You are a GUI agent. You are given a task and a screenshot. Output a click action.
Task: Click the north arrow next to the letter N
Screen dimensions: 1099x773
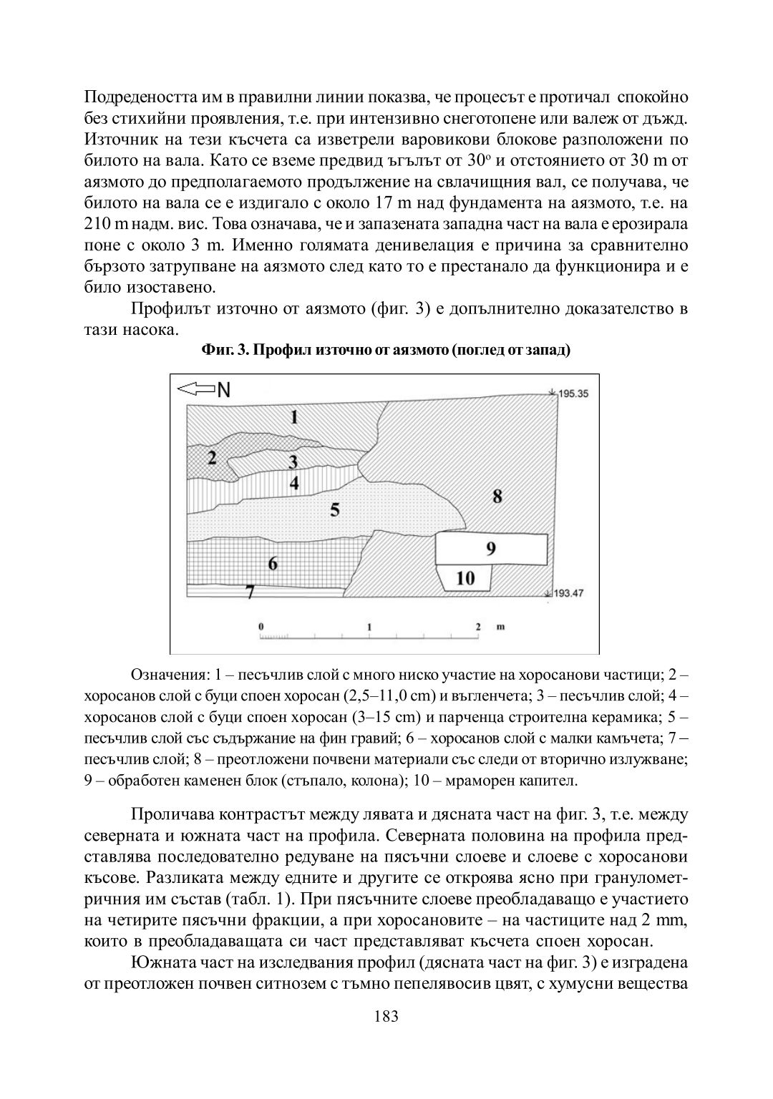195,389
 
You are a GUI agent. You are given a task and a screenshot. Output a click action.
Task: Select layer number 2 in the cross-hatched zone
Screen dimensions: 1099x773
212,458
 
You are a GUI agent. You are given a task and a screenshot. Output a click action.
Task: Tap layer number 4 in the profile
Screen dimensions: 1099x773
293,483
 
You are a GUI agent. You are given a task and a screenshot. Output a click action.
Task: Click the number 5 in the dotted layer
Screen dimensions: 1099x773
334,509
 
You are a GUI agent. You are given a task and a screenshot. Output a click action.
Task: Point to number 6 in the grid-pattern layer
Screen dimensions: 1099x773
273,563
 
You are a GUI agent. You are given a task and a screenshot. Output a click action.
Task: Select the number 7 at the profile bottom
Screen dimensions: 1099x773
250,592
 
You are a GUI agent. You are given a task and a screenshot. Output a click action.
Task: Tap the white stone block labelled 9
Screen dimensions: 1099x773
491,549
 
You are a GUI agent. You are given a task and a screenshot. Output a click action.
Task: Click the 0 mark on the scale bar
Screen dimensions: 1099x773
261,626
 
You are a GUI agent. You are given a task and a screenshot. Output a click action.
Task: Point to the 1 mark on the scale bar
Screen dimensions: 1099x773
369,626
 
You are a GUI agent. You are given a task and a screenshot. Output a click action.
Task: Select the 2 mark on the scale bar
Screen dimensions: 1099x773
477,626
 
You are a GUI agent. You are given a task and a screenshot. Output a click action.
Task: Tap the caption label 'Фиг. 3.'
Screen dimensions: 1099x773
224,351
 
